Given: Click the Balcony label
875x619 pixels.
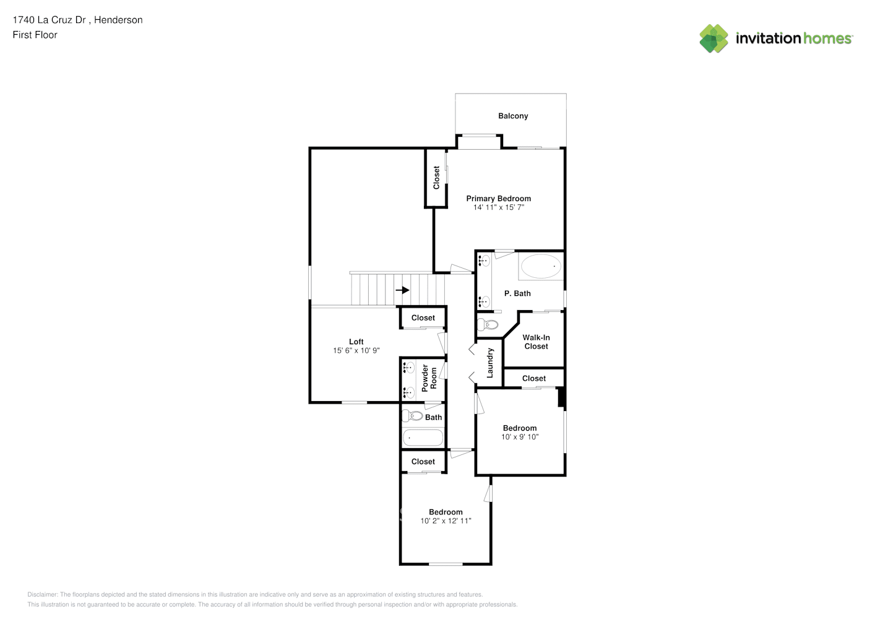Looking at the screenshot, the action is click(x=513, y=116).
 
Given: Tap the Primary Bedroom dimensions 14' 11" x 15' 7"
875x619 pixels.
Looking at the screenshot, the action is click(x=499, y=207).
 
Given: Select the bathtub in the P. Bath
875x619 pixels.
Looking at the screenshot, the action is click(x=541, y=267).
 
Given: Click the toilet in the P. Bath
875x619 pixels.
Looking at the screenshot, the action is click(x=488, y=324).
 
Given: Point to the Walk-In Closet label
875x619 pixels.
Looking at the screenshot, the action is click(x=537, y=342).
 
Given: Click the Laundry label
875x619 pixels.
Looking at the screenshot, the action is click(x=489, y=363).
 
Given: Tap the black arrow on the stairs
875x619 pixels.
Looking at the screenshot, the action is click(x=402, y=290).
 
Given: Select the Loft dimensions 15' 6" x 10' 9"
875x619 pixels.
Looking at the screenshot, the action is click(x=356, y=350).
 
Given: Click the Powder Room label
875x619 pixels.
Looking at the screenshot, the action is click(x=429, y=378).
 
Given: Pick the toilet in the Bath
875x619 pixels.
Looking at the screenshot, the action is click(x=413, y=416).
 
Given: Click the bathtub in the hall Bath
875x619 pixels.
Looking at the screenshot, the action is click(x=423, y=438).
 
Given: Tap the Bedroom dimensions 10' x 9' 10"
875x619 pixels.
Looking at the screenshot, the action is click(x=520, y=437).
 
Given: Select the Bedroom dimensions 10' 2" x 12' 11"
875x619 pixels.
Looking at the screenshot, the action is click(x=446, y=521).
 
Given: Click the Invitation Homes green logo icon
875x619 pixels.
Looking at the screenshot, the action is click(x=713, y=38).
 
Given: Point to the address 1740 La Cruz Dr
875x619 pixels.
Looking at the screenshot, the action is click(x=50, y=20).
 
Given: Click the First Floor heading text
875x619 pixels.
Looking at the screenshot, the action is click(x=35, y=35).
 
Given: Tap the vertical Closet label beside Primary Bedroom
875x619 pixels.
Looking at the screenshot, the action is click(x=436, y=178).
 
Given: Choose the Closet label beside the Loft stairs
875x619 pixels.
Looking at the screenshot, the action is click(x=423, y=318).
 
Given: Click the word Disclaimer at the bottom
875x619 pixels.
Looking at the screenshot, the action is click(x=43, y=594).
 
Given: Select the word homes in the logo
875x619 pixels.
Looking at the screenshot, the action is click(x=827, y=38).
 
